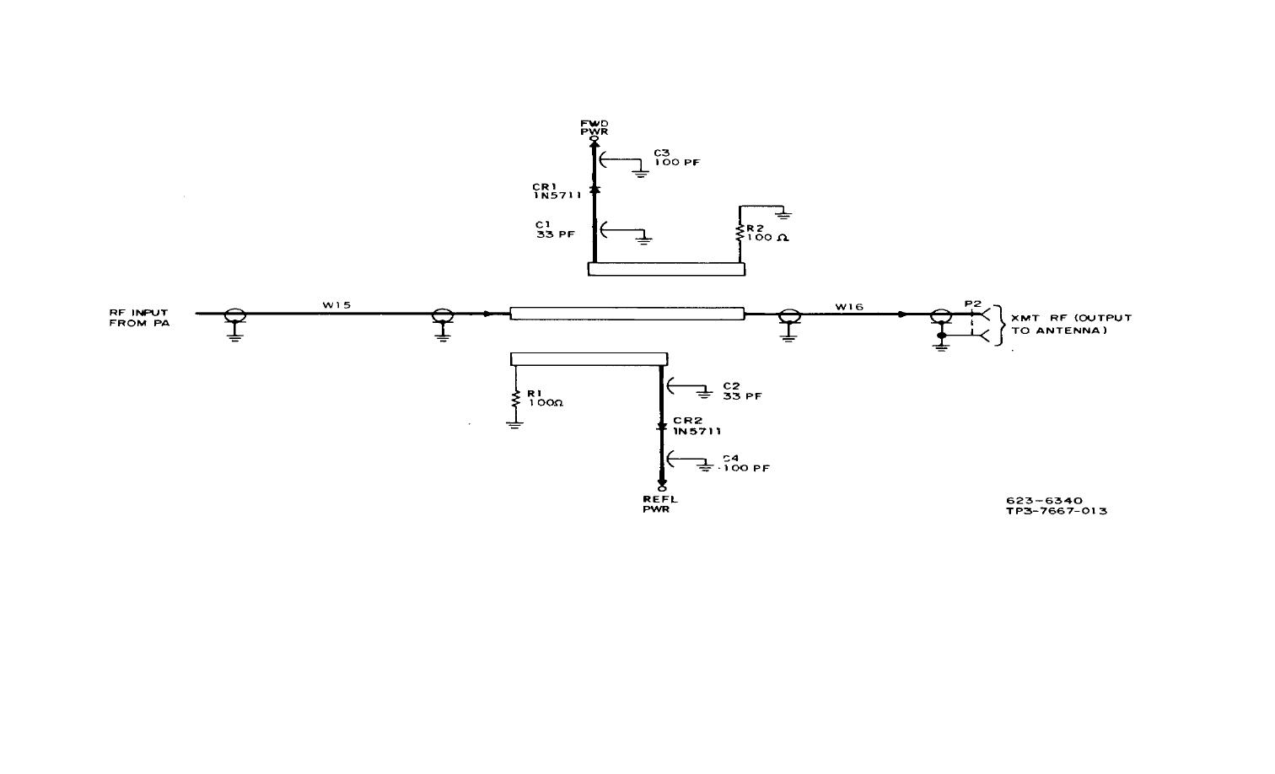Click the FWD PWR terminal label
tap(594, 127)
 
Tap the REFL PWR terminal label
tap(660, 504)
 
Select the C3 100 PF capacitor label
tap(677, 158)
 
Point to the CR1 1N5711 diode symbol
tap(594, 189)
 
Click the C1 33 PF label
tap(556, 229)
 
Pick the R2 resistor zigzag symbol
tap(740, 234)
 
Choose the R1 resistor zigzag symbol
tap(516, 398)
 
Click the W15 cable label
tap(337, 305)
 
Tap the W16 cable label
tap(849, 307)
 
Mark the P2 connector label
tap(973, 304)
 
